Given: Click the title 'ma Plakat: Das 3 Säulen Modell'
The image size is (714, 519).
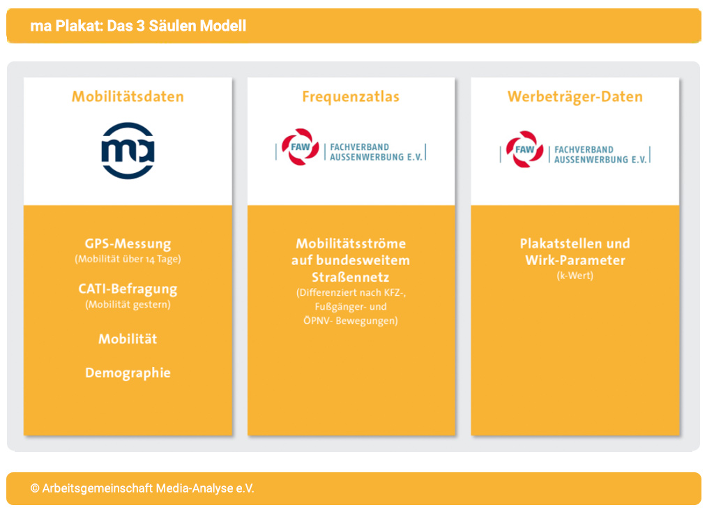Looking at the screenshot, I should [x=138, y=27].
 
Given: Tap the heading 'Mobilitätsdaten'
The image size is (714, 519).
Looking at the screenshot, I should [x=128, y=97].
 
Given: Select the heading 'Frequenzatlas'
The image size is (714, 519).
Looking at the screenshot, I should [x=351, y=97].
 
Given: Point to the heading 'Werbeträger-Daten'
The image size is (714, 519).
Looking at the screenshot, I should [x=575, y=97].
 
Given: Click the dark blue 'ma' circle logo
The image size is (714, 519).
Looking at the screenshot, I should [x=128, y=151].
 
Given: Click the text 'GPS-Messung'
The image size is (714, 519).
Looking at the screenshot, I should [x=128, y=244].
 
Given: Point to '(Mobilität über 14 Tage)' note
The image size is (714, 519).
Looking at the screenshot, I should [x=128, y=259].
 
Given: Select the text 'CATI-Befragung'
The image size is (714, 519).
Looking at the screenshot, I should [x=128, y=289].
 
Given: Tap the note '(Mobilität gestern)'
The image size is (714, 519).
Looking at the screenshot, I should [x=128, y=304].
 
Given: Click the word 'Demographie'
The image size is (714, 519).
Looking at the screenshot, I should [x=128, y=373].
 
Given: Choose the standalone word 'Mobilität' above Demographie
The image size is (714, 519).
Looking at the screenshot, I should [x=128, y=339].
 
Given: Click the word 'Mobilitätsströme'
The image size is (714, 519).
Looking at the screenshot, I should [x=351, y=244].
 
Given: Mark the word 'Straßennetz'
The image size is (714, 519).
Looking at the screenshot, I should [x=351, y=277].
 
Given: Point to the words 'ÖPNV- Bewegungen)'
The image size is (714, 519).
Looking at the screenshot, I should [x=351, y=321].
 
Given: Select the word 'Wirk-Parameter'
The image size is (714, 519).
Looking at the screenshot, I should [x=575, y=261].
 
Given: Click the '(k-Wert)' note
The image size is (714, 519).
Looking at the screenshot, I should [x=575, y=276].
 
